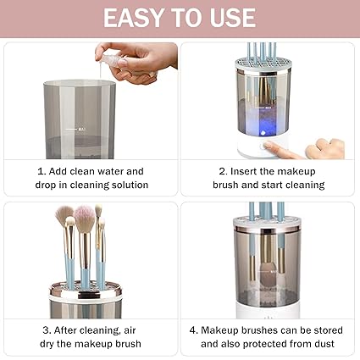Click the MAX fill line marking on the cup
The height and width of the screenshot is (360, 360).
point(82,129)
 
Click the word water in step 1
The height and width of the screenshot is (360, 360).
point(117,171)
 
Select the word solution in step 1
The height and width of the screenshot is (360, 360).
point(127,185)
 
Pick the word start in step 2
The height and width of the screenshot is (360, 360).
point(269,185)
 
